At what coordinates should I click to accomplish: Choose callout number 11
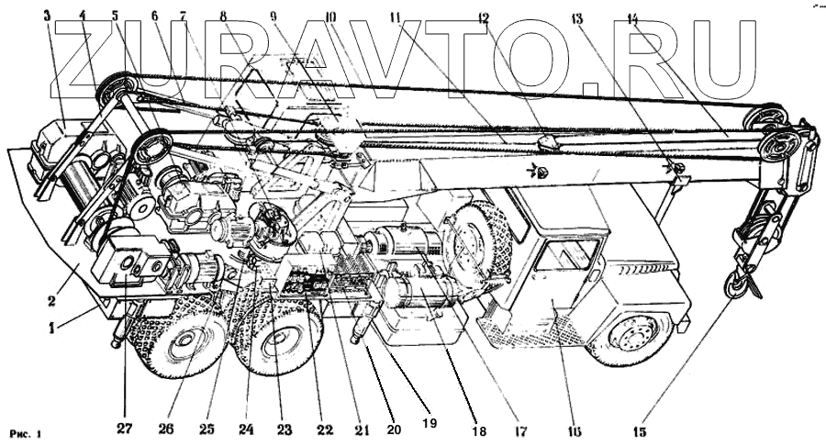396,16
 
